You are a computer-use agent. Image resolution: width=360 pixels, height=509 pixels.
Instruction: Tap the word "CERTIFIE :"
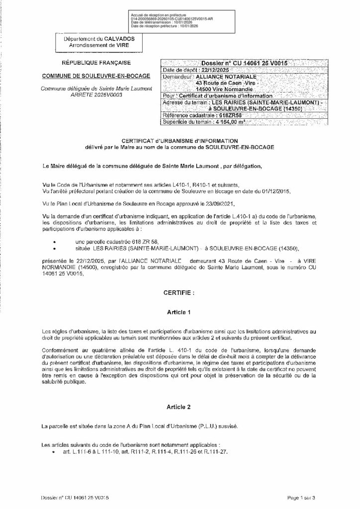[x=176, y=294]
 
